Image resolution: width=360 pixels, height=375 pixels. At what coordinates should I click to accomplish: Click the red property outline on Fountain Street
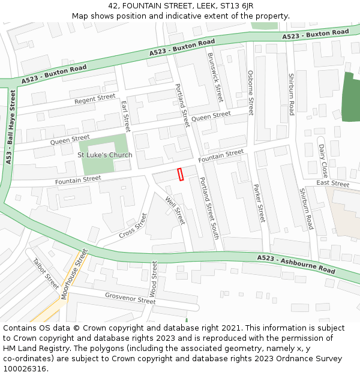180,174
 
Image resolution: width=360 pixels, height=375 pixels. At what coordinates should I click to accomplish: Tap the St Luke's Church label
105,155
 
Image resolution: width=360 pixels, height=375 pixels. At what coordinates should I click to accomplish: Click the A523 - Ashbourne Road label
296,264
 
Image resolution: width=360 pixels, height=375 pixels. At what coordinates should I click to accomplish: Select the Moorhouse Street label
74,274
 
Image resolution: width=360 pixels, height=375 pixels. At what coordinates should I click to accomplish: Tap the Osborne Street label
251,92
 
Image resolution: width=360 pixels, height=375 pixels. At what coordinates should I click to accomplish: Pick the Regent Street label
95,99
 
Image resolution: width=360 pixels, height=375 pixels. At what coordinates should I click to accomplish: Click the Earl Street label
125,116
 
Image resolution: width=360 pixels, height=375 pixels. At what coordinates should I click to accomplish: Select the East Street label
332,184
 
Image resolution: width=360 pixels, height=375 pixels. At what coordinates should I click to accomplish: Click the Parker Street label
259,203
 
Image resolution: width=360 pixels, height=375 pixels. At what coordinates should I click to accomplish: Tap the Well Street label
175,211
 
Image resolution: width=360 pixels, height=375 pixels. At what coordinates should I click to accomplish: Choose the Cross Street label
133,226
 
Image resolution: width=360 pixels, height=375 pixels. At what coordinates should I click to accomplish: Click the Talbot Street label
46,273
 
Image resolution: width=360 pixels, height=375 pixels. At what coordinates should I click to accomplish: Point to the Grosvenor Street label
130,298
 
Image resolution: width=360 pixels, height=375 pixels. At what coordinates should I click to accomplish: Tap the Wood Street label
154,278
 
